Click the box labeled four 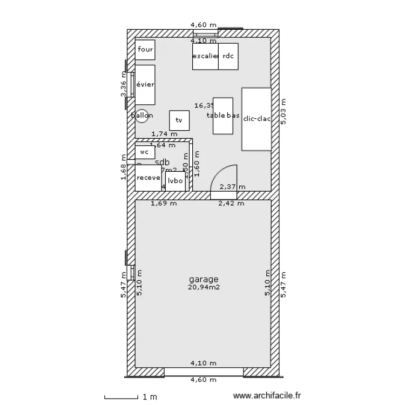point(145,50)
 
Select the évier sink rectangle point(145,85)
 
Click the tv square point(179,120)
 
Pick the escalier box point(205,56)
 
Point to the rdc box point(228,56)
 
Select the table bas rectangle point(223,116)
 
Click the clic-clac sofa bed point(256,119)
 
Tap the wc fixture point(144,152)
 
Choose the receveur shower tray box point(148,178)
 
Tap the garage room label point(204,279)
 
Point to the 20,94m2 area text point(204,288)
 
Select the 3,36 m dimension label point(123,85)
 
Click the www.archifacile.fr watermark point(267,396)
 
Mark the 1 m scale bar point(123,398)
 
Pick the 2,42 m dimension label point(231,204)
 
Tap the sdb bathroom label point(162,162)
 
